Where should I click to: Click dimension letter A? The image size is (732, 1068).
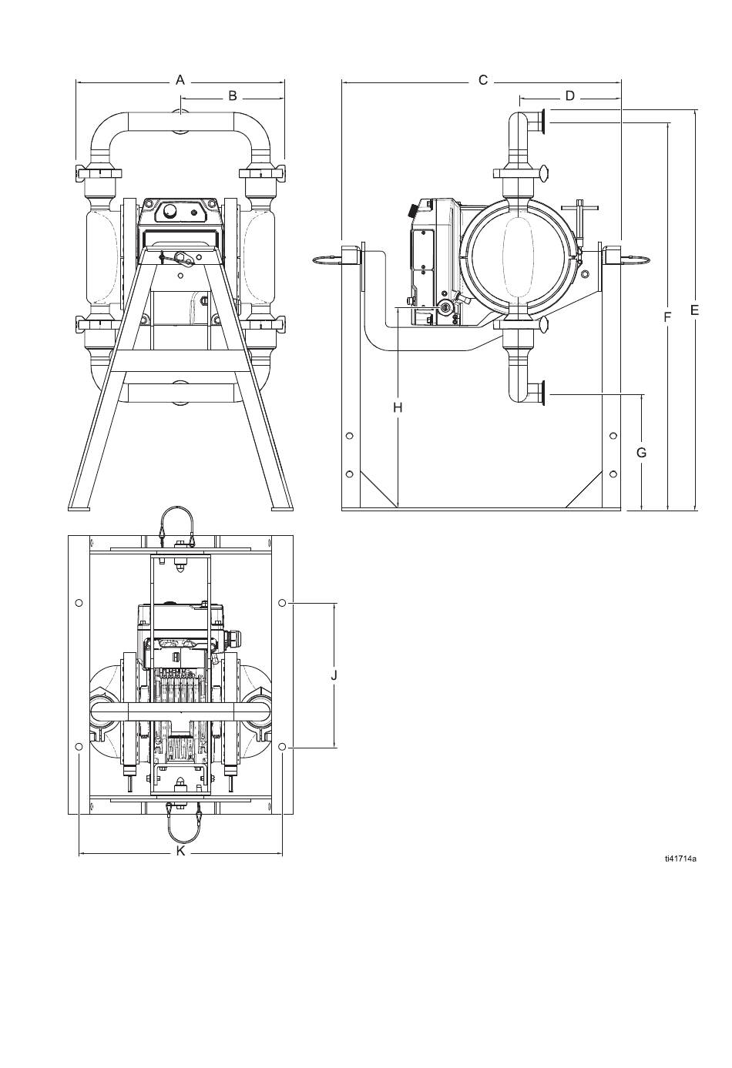coord(180,79)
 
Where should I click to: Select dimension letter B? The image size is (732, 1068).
coord(233,95)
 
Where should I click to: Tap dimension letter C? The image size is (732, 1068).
coord(483,80)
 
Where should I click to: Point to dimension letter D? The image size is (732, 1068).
coord(569,96)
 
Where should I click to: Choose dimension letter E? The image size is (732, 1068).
coord(694,310)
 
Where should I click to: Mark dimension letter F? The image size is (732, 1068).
coord(667,316)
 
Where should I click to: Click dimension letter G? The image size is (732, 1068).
coord(641,453)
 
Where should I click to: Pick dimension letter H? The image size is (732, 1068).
coord(398,407)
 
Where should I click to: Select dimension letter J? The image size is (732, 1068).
coord(334,675)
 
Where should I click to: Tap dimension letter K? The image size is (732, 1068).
coord(180,851)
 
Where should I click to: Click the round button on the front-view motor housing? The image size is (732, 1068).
coord(170,211)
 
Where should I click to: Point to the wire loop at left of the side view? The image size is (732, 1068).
coord(327,258)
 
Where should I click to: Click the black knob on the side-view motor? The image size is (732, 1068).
coord(411,209)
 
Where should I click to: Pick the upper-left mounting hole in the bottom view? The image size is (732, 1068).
coord(79,603)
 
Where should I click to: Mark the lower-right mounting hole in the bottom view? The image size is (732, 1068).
coord(282,745)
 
